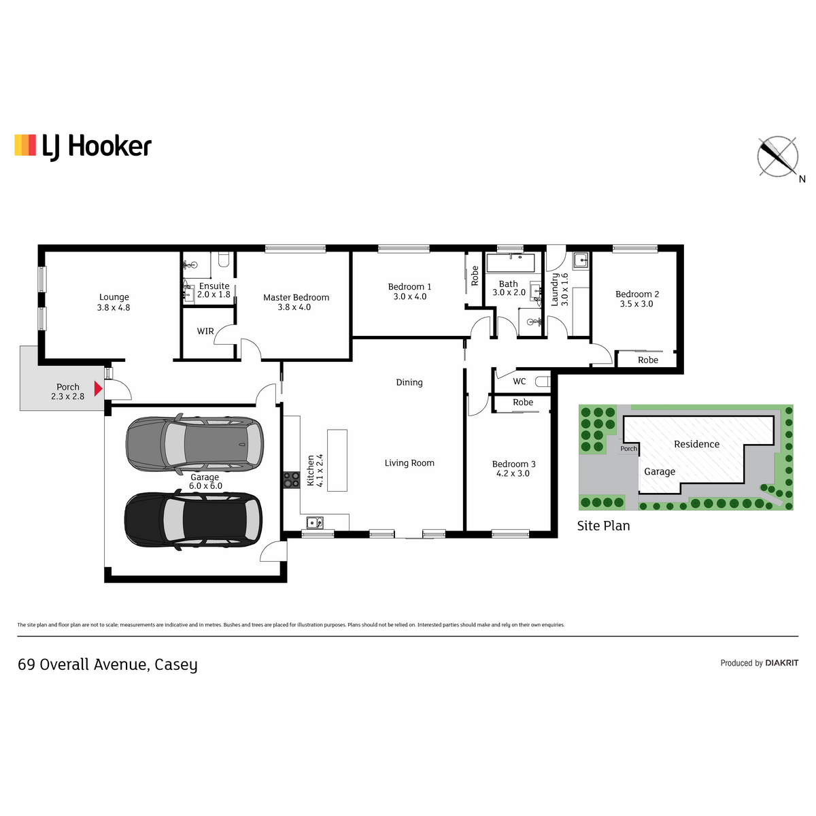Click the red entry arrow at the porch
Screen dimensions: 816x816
coord(98,388)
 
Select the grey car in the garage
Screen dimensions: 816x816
coord(194,444)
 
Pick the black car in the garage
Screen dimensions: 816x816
coord(193,520)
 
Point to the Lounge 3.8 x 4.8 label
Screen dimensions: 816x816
coord(114,303)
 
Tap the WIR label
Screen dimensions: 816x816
coord(205,331)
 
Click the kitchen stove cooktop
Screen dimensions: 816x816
coord(291,480)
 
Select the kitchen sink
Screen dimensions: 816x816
coord(315,523)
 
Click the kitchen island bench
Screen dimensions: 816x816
coord(337,460)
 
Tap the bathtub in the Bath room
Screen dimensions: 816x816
coord(510,262)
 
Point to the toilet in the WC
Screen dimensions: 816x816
coord(543,381)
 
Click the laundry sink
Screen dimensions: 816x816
coord(581,260)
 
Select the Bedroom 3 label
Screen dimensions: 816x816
coord(513,469)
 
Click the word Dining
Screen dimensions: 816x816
coord(409,382)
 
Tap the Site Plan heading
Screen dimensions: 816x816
coord(603,526)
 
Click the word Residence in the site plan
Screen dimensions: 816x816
coord(696,444)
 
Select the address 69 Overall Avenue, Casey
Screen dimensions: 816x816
coord(107,664)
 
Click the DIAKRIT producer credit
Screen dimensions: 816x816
coord(782,663)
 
